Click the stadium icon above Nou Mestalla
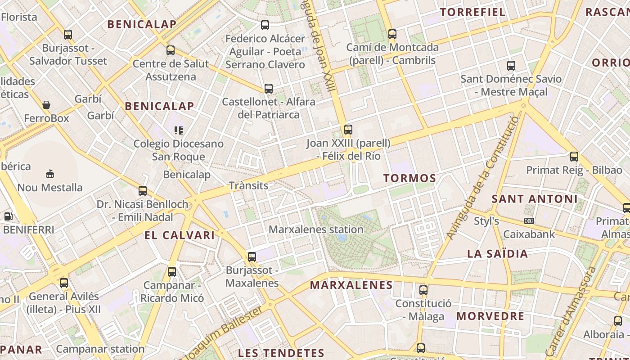[50, 174]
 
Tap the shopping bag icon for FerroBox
[46, 105]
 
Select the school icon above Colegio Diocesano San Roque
[179, 130]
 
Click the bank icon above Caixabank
[529, 221]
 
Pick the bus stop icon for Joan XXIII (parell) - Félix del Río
[348, 130]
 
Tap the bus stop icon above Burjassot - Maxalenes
[252, 256]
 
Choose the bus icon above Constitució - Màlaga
[423, 290]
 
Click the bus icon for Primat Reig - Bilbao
[574, 157]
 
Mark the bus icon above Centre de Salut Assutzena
[171, 50]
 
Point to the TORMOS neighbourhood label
[409, 178]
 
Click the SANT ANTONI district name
[534, 199]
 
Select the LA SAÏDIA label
[497, 254]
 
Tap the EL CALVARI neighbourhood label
[180, 235]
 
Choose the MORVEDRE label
[490, 316]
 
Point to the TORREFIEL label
[472, 12]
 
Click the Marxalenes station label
[316, 229]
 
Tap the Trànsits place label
[248, 185]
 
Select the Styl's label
[486, 221]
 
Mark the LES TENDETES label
[281, 353]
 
